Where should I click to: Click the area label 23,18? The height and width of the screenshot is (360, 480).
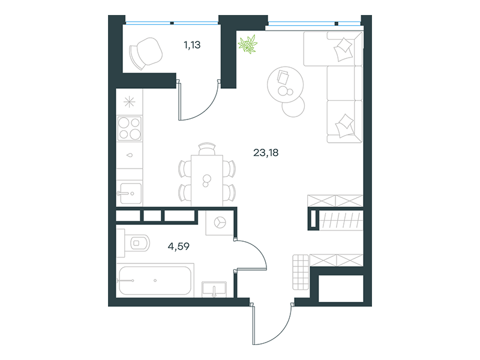(x=266, y=152)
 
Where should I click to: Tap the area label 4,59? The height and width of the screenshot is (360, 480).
(x=178, y=246)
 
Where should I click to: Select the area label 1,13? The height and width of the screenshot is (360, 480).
(x=192, y=45)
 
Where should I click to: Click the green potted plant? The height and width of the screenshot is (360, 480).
(x=248, y=44)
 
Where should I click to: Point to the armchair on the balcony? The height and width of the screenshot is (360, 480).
(x=146, y=53)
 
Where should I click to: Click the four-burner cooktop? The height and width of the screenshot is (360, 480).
(x=130, y=128)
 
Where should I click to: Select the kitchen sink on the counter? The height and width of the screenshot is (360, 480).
(x=130, y=193)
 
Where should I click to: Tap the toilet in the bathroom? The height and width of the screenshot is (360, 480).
(x=137, y=243)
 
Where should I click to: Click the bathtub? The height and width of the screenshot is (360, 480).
(x=155, y=280)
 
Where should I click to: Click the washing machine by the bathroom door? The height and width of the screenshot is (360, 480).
(x=219, y=223)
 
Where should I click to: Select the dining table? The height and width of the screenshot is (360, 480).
(x=207, y=181)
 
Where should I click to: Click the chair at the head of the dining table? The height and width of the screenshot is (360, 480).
(x=207, y=149)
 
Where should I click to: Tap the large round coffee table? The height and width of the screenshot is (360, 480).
(x=286, y=85)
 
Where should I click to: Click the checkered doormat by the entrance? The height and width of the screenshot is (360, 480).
(x=301, y=272)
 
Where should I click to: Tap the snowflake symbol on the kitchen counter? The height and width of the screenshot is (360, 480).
(x=129, y=102)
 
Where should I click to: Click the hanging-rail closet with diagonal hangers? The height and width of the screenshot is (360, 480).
(x=341, y=220)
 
